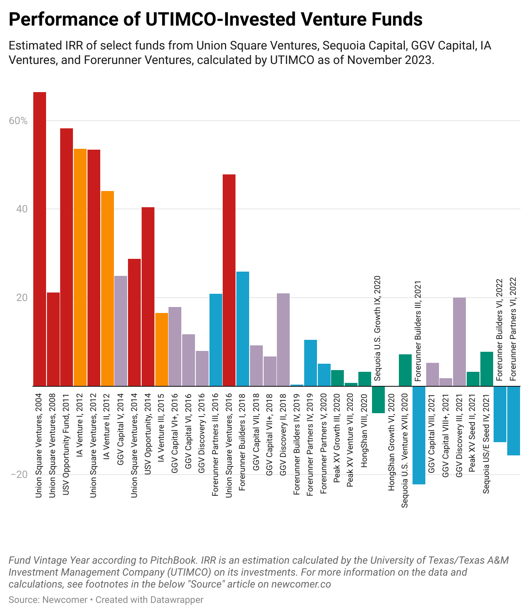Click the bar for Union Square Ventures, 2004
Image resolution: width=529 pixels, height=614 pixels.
pyautogui.click(x=40, y=239)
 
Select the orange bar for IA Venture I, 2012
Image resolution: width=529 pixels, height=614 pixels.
pyautogui.click(x=80, y=267)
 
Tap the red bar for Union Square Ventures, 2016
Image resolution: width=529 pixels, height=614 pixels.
pyautogui.click(x=229, y=280)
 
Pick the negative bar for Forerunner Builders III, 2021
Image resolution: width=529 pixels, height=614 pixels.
pyautogui.click(x=419, y=435)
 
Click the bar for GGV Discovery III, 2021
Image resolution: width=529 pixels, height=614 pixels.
pyautogui.click(x=459, y=342)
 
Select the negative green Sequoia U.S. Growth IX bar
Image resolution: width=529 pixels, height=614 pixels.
pyautogui.click(x=378, y=400)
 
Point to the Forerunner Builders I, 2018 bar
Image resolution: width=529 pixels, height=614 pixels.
pyautogui.click(x=243, y=329)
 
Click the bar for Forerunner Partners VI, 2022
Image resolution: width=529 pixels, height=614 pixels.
pyautogui.click(x=514, y=420)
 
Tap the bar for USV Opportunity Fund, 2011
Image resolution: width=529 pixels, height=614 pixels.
pyautogui.click(x=67, y=257)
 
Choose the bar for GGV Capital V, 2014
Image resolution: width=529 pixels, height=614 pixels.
pyautogui.click(x=121, y=331)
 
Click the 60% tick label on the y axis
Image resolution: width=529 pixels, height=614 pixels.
pyautogui.click(x=18, y=121)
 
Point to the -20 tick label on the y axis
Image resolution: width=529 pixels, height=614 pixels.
pyautogui.click(x=19, y=475)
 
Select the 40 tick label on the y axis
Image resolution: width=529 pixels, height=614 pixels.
pyautogui.click(x=22, y=209)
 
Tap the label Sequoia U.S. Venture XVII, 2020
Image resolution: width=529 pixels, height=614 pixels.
pyautogui.click(x=405, y=451)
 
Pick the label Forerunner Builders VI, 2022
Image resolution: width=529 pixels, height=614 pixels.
pyautogui.click(x=500, y=329)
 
